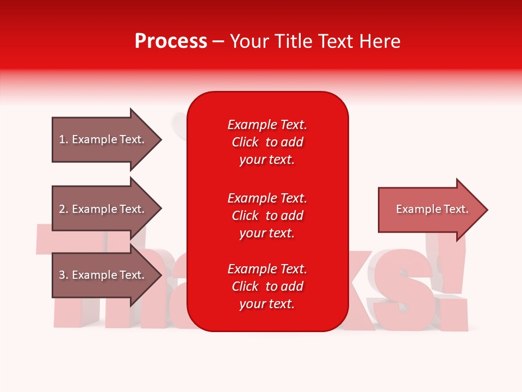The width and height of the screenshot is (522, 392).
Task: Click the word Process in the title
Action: (x=171, y=41)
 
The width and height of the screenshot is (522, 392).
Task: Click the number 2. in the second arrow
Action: (x=64, y=209)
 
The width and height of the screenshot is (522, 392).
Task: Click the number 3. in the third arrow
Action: (x=64, y=275)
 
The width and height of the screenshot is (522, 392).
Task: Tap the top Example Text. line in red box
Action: (x=267, y=125)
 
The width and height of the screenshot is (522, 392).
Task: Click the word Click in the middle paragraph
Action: (x=245, y=216)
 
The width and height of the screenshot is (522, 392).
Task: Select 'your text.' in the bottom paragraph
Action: (x=267, y=304)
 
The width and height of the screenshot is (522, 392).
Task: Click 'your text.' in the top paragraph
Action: (x=267, y=160)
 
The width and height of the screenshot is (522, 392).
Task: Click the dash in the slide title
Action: (x=219, y=41)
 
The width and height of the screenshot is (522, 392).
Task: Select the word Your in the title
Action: (x=248, y=41)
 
